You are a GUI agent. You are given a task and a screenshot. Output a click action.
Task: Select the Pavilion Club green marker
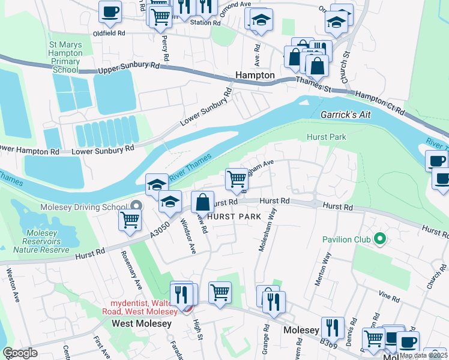[379, 239]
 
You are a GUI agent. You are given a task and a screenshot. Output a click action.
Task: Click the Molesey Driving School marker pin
[136, 207]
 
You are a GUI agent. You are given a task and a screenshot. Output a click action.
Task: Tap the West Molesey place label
[142, 323]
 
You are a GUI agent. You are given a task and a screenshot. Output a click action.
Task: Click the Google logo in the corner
[19, 353]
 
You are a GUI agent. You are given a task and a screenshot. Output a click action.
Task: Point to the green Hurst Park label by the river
[326, 137]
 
